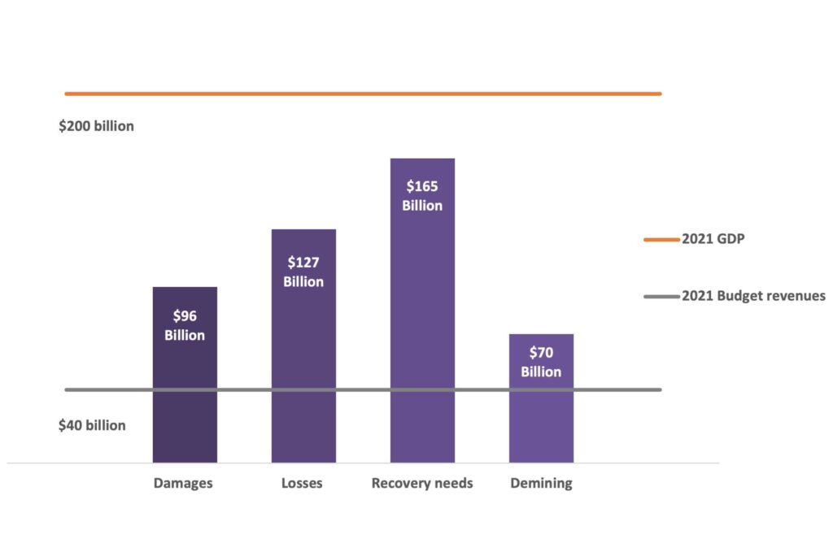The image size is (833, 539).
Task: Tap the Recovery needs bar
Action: [x=422, y=325]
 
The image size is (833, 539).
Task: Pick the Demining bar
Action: [x=541, y=423]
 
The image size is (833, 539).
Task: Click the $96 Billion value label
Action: [x=185, y=325]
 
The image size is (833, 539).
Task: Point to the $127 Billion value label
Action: [x=303, y=272]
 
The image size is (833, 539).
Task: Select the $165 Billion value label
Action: [x=422, y=196]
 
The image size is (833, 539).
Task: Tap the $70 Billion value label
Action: [x=541, y=362]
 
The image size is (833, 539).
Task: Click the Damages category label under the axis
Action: [x=183, y=483]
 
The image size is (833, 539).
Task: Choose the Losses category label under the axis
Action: [x=302, y=483]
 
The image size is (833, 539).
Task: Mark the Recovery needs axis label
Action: [x=422, y=483]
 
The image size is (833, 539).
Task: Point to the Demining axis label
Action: [x=541, y=483]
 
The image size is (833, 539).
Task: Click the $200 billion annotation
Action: [x=96, y=127]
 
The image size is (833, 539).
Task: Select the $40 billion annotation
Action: [x=92, y=425]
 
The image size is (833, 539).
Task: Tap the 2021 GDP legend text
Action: [x=713, y=240]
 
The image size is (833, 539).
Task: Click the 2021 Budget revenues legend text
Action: [x=753, y=296]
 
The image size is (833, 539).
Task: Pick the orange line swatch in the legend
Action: [x=661, y=240]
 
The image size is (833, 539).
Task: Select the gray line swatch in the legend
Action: [x=661, y=296]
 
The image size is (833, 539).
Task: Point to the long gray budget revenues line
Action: [x=106, y=389]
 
